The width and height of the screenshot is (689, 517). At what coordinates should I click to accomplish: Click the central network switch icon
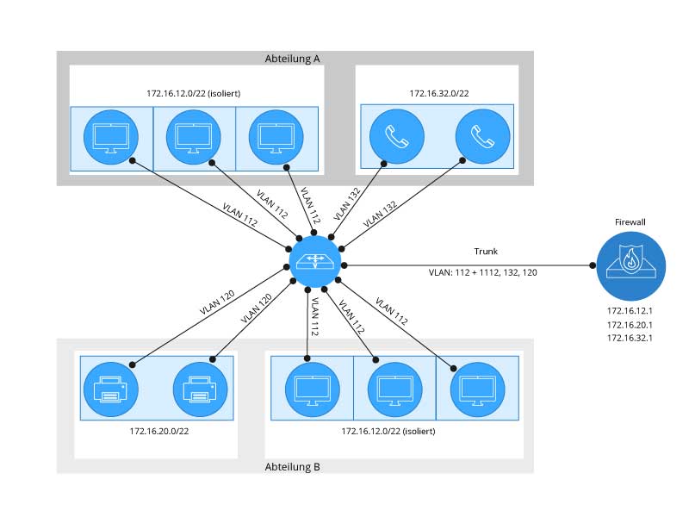315,258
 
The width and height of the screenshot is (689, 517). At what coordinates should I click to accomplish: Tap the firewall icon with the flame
630,265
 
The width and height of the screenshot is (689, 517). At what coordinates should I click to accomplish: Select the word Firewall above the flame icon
630,221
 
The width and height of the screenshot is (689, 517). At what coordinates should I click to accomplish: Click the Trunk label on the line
486,251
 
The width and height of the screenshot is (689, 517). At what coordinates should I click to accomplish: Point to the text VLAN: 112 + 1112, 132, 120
483,271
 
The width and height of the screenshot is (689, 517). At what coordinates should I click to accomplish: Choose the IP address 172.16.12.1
630,310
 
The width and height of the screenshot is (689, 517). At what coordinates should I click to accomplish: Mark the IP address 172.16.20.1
630,325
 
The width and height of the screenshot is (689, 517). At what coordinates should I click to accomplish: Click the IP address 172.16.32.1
630,339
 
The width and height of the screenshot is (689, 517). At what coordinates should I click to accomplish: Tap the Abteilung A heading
292,59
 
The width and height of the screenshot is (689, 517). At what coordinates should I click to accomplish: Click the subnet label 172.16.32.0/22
438,92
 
